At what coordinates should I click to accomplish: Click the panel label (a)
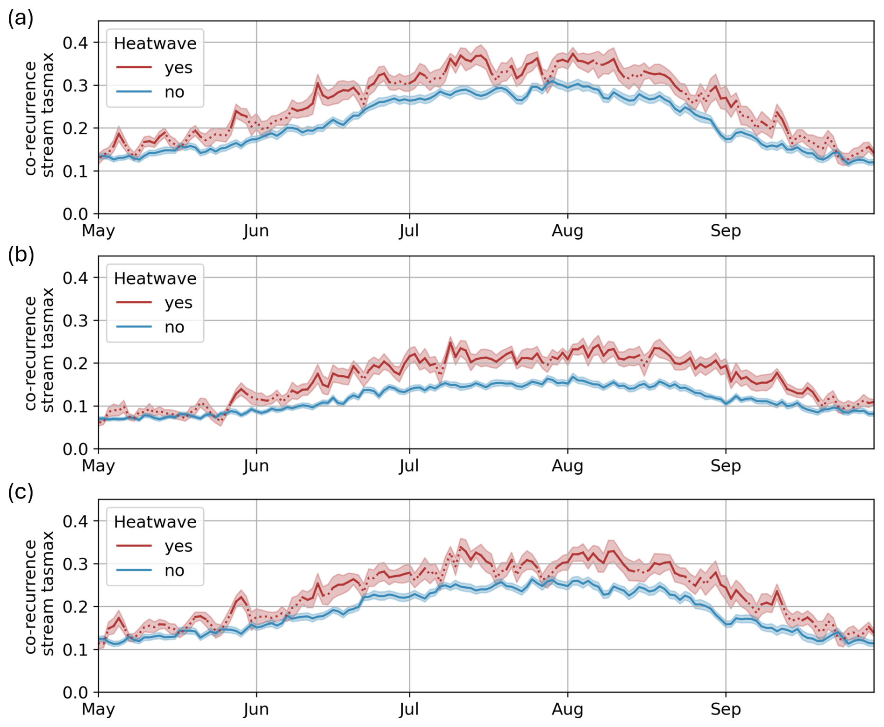coord(21,19)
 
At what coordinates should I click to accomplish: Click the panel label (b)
coord(21,255)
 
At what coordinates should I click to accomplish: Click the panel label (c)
coord(21,492)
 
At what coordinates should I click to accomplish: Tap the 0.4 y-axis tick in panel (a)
coord(75,43)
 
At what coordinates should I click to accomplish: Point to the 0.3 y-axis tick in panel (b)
coord(75,321)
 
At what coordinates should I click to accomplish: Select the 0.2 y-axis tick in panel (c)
coord(75,607)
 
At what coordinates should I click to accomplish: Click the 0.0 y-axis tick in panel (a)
coord(75,214)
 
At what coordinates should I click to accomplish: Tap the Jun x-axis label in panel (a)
coord(256,231)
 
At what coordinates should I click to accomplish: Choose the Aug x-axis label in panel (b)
coord(567,466)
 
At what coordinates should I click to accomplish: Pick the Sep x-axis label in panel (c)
coord(725,709)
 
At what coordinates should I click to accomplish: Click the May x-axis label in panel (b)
coord(98,466)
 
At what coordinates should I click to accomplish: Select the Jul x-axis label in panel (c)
coord(409,709)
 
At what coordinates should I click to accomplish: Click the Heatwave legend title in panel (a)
coord(155,43)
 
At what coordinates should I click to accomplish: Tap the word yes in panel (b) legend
coord(178,303)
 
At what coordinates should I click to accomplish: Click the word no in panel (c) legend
coord(174,570)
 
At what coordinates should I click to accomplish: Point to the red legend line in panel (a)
coord(134,68)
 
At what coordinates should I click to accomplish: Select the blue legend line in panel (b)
coord(134,327)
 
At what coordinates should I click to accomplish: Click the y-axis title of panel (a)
coord(39,115)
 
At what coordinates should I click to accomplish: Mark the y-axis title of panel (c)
coord(39,593)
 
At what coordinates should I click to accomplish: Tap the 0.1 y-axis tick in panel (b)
coord(75,406)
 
